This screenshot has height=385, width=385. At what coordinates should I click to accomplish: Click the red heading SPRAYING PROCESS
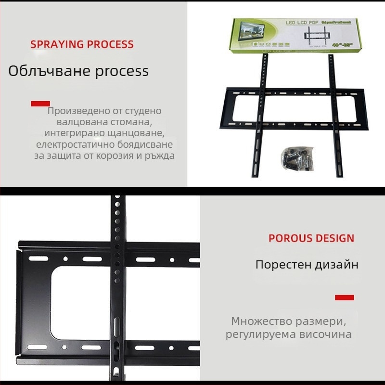coord(82,45)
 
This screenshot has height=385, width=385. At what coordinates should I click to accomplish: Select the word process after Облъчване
coord(121,72)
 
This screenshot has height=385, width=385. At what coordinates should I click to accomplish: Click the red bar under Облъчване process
coord(40,103)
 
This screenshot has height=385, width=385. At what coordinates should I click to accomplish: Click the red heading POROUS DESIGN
coord(311,238)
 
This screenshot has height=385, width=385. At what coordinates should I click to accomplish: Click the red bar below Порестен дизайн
coord(344,297)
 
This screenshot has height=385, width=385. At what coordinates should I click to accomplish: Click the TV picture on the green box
coord(252,33)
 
